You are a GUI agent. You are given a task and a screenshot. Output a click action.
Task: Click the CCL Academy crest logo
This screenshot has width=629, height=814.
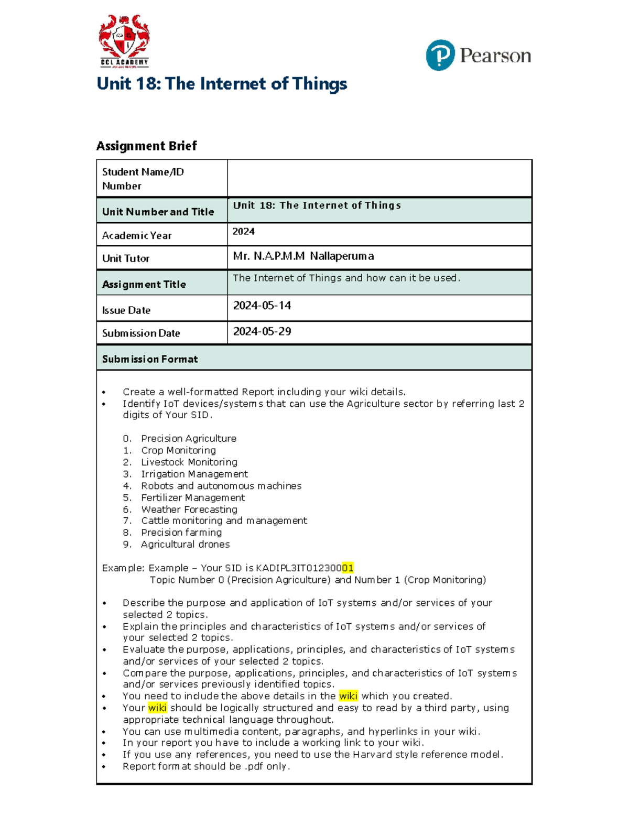pyautogui.click(x=124, y=41)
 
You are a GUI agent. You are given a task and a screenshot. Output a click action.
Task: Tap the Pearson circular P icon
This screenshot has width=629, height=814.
pyautogui.click(x=440, y=55)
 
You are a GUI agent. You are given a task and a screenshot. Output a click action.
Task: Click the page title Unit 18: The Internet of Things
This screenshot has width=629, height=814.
pyautogui.click(x=222, y=84)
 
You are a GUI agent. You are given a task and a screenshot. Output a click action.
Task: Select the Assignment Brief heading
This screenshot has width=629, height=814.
pyautogui.click(x=146, y=146)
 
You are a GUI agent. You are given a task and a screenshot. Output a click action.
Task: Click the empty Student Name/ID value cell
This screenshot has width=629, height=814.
pyautogui.click(x=379, y=179)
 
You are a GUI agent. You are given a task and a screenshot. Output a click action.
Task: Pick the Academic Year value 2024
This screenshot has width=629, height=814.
pyautogui.click(x=244, y=232)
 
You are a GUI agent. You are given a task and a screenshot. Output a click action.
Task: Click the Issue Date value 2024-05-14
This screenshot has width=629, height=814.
pyautogui.click(x=262, y=306)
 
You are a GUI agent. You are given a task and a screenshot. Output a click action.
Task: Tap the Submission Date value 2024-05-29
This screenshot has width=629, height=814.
pyautogui.click(x=262, y=331)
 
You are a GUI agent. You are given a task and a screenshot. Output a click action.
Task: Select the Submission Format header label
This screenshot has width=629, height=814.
pyautogui.click(x=150, y=359)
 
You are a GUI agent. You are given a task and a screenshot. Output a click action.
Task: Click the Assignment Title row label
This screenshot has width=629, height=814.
pyautogui.click(x=144, y=284)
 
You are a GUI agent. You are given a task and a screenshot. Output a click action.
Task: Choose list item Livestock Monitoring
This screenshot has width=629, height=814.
pyautogui.click(x=189, y=462)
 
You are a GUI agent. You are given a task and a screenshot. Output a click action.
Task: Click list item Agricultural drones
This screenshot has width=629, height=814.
pyautogui.click(x=185, y=544)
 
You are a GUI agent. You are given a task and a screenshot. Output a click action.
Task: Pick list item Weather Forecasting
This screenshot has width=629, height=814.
pyautogui.click(x=189, y=509)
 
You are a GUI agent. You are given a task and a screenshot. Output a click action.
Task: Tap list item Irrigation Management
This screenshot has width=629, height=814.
pyautogui.click(x=194, y=474)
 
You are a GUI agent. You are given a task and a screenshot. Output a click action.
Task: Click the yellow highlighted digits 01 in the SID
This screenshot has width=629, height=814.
pyautogui.click(x=348, y=568)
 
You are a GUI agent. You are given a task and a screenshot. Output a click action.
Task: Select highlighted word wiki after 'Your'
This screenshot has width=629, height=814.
pyautogui.click(x=157, y=708)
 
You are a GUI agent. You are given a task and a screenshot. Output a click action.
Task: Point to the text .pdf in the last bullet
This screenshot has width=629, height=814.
pyautogui.click(x=254, y=766)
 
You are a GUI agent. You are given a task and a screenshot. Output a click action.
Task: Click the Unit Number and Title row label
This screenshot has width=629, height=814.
pyautogui.click(x=158, y=212)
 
